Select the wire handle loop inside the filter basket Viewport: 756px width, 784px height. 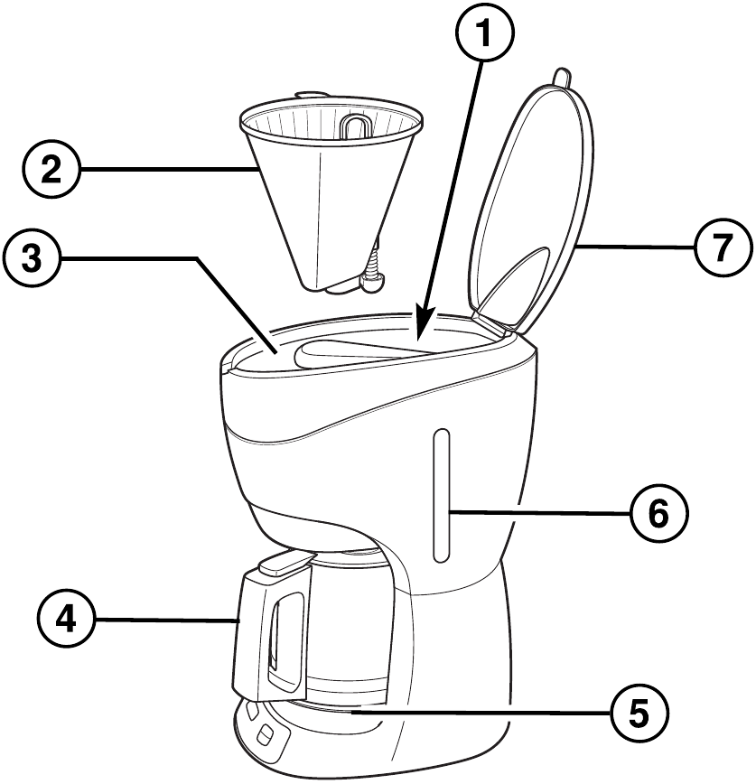point(354,126)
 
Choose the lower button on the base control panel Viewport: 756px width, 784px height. point(265,740)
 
